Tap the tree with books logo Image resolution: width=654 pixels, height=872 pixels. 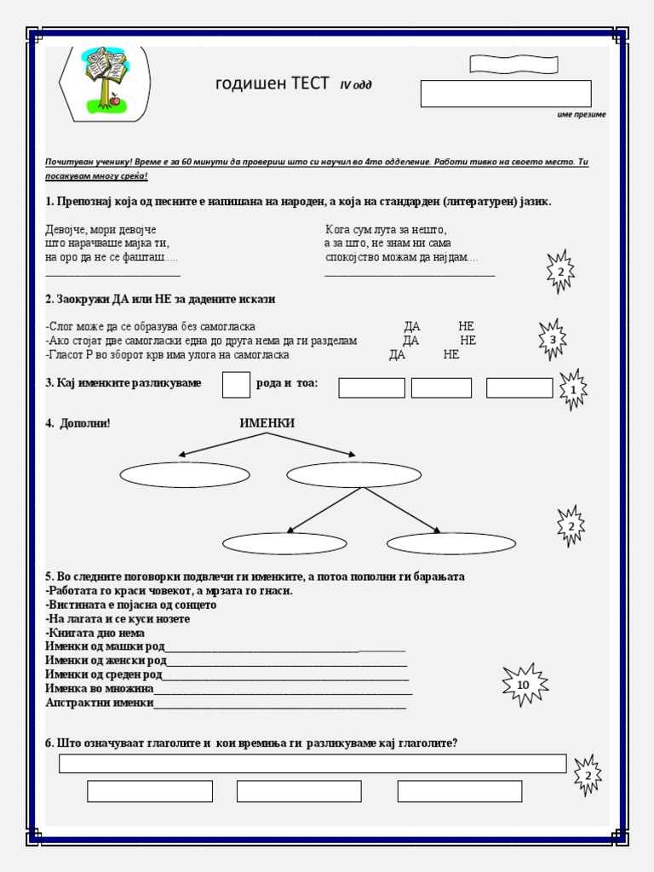(x=105, y=77)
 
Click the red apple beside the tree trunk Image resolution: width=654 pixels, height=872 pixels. (x=115, y=101)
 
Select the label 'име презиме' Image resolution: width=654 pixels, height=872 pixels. (x=576, y=115)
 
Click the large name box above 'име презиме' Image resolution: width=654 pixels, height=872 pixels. (x=505, y=94)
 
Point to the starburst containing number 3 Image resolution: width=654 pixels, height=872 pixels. (x=553, y=340)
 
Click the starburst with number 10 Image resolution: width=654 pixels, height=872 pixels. (x=523, y=685)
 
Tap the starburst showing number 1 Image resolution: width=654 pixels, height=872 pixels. (x=573, y=390)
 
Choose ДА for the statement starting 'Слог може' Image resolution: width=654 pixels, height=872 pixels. (x=412, y=326)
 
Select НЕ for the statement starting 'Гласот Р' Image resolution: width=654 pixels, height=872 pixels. (x=451, y=355)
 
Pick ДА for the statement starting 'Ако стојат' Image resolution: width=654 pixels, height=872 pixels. (x=410, y=341)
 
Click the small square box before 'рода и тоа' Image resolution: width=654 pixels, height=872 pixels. (x=236, y=385)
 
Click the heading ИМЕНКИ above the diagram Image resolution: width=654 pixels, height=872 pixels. (x=267, y=423)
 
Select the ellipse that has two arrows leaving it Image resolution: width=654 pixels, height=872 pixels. (x=353, y=474)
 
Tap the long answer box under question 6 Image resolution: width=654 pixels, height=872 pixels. (x=312, y=763)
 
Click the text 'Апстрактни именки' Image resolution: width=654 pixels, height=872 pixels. (x=100, y=703)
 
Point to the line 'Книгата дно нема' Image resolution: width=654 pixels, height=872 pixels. (x=95, y=633)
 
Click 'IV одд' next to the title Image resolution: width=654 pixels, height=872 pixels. (x=356, y=85)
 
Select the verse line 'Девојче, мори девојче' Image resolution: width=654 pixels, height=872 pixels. (x=100, y=230)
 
